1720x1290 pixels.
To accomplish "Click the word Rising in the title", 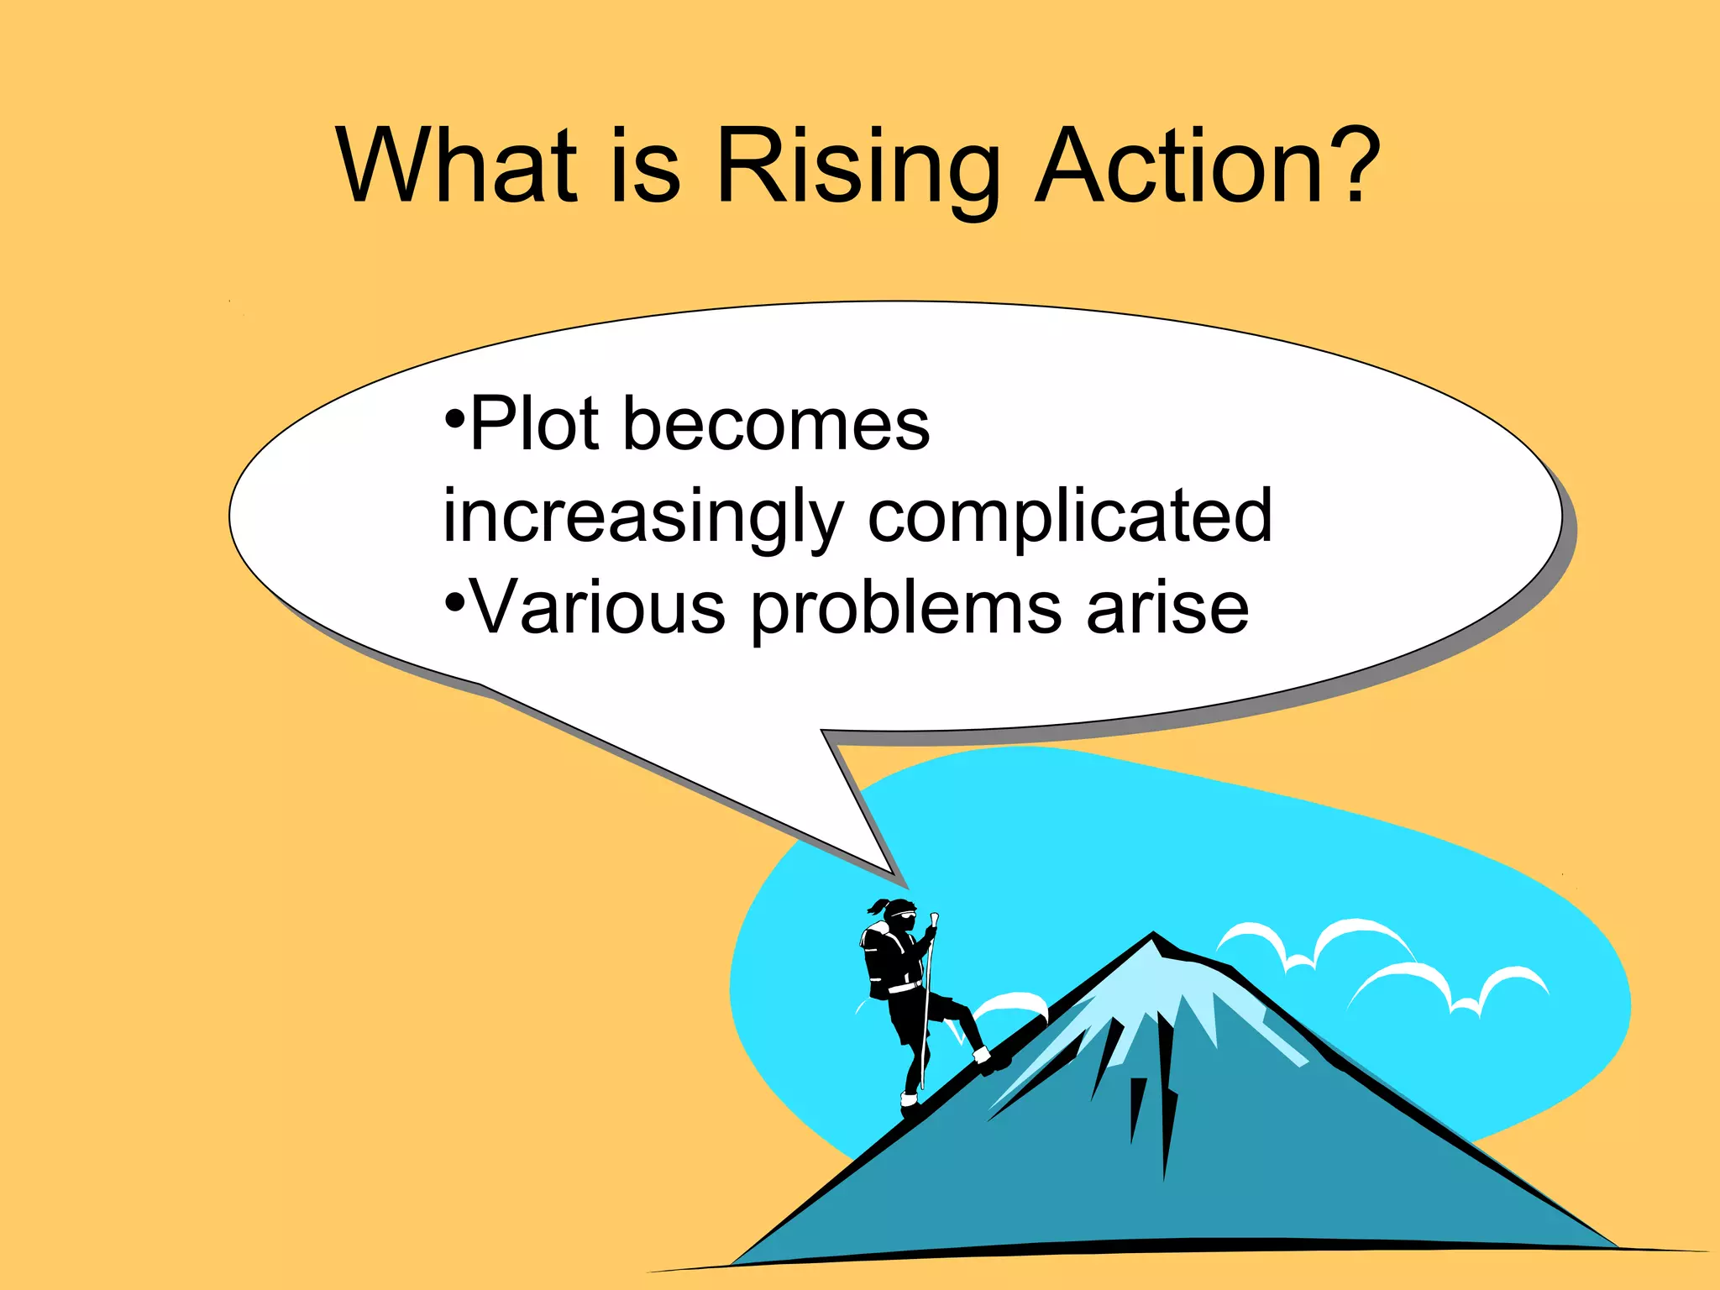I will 857,168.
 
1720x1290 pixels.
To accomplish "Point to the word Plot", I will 534,424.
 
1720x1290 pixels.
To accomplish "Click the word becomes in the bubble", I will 776,424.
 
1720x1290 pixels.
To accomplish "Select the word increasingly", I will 642,517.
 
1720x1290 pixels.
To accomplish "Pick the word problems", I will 905,609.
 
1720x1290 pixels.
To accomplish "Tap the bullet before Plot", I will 454,417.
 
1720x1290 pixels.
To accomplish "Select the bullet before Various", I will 454,601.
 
